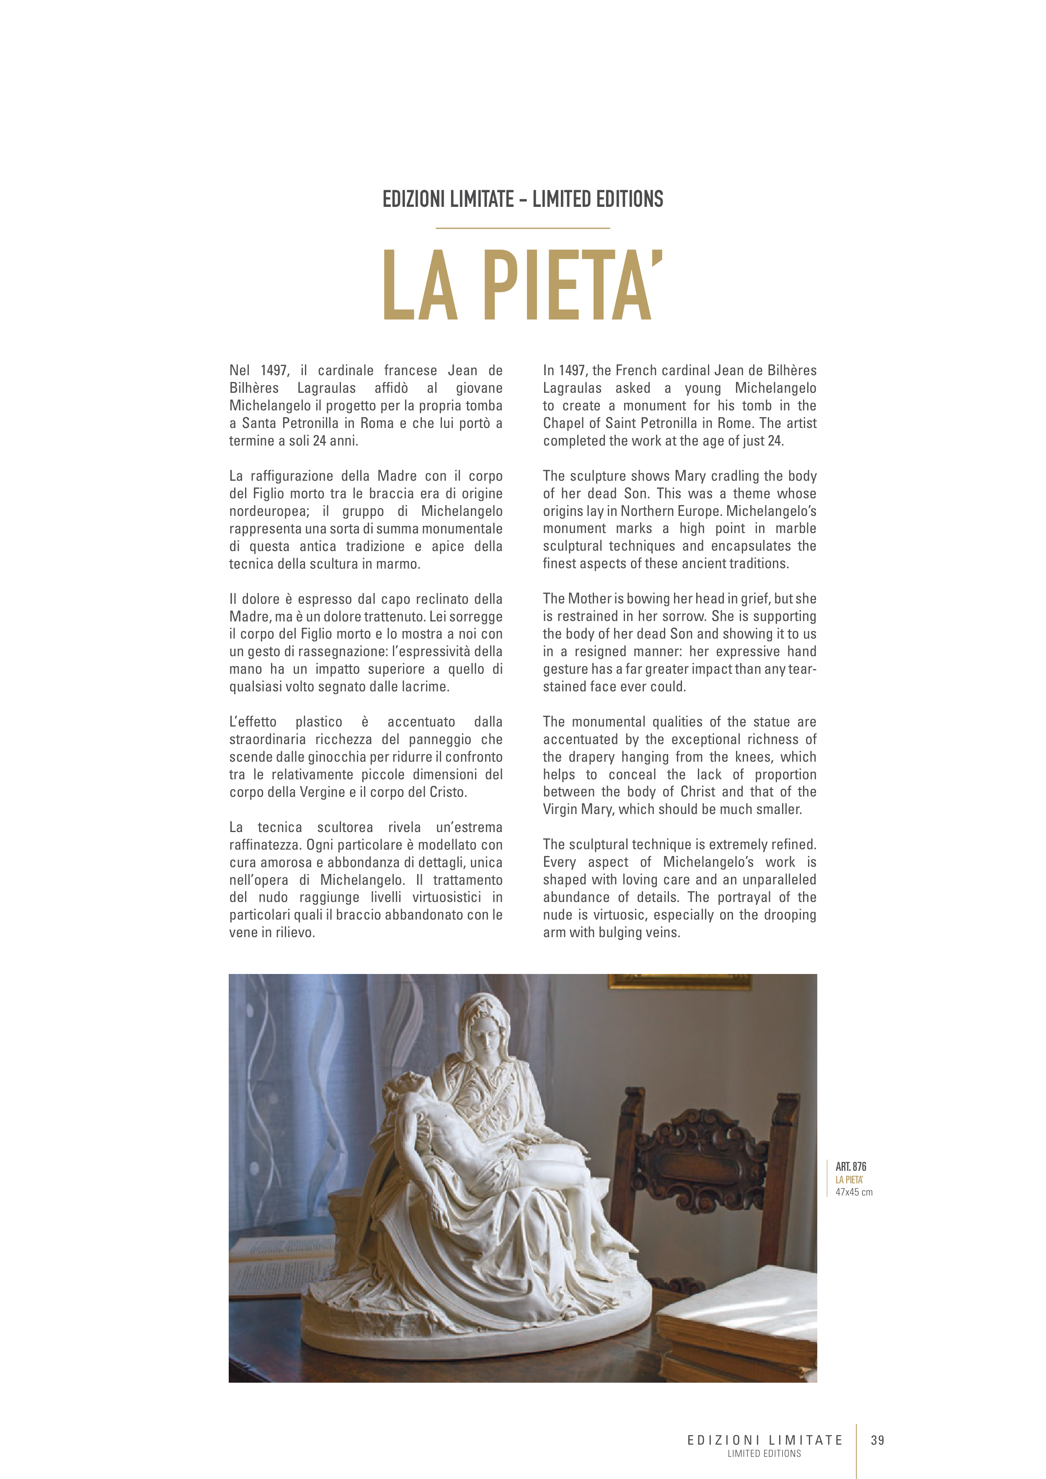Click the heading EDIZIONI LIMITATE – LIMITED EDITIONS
click(523, 199)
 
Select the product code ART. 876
click(851, 1167)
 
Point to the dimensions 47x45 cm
click(854, 1192)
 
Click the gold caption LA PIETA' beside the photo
click(849, 1180)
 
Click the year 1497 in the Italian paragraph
click(274, 371)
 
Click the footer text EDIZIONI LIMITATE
click(764, 1440)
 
